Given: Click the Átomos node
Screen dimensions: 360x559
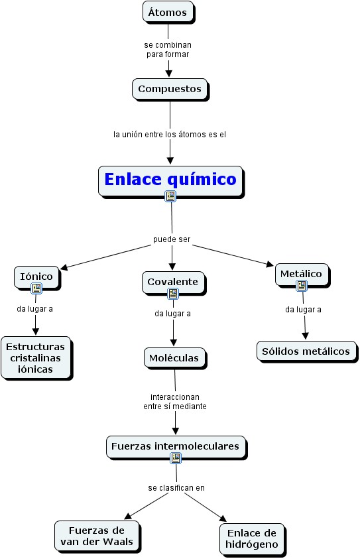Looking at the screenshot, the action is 168,12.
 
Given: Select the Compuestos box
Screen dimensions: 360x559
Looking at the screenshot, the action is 170,89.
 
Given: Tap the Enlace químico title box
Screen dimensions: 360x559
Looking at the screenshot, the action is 171,181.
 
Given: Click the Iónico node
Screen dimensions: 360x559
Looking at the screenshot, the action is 36,277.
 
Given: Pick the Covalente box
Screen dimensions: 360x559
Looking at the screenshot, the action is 174,282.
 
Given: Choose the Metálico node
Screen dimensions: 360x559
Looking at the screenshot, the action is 302,275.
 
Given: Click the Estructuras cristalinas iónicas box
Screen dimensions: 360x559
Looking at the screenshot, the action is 36,357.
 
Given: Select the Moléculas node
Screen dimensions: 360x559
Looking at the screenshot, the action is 175,358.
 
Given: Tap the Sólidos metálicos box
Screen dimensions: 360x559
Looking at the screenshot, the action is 306,351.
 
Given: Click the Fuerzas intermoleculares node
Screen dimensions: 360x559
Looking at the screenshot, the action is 176,447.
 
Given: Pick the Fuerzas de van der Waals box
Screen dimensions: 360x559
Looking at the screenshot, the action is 97,536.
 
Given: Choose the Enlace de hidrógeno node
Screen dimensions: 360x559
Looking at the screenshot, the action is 253,539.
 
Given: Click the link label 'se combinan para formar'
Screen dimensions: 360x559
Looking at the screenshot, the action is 168,50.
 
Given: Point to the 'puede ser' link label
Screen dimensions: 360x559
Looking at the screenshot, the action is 172,239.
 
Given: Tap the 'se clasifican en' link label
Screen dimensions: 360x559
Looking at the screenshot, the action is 176,487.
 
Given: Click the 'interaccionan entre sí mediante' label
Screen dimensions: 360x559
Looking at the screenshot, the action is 175,401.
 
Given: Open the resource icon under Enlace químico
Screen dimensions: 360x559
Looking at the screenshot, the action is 170,196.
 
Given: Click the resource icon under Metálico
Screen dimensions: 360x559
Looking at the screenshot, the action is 302,286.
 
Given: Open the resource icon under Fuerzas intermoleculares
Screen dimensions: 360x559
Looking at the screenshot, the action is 176,458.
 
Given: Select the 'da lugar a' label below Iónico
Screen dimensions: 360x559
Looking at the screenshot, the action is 34,309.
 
